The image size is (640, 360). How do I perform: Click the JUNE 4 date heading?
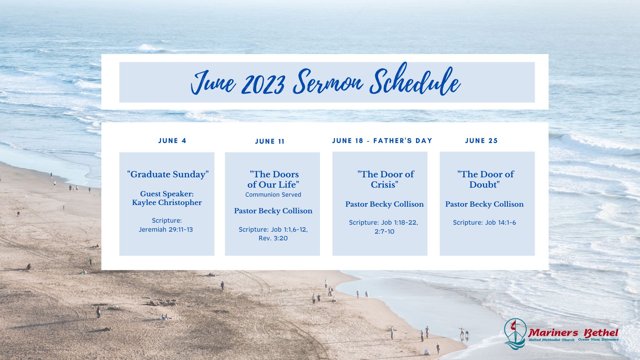172,141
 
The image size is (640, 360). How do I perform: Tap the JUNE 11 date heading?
270,141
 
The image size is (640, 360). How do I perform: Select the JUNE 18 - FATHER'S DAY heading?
382,141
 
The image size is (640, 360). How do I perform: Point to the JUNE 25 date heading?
481,141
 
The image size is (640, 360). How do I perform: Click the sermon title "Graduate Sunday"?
168,174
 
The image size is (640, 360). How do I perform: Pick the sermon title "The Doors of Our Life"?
273,179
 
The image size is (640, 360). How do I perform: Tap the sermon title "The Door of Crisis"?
385,179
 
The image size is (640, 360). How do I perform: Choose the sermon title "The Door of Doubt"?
485,179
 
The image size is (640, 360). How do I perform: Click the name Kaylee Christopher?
167,203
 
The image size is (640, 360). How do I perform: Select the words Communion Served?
273,195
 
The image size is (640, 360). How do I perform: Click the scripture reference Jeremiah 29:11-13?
166,229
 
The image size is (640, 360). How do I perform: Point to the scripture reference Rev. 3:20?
273,238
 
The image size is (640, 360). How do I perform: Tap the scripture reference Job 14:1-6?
500,222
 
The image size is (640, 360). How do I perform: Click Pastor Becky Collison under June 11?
273,211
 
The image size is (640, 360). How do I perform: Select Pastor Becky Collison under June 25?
484,204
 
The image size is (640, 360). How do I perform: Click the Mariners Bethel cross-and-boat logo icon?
515,334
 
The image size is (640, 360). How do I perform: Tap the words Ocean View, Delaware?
598,340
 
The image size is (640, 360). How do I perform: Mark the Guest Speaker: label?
167,194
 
